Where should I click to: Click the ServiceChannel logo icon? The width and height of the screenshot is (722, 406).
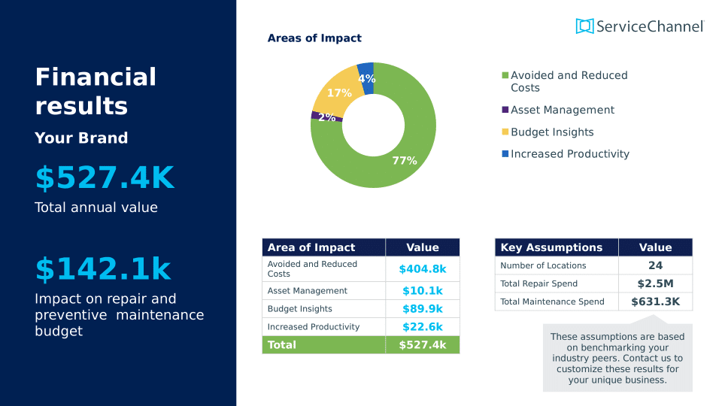[x=584, y=26]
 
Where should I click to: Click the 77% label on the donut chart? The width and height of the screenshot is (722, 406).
[x=404, y=160]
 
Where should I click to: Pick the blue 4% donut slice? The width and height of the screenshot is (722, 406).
[x=366, y=75]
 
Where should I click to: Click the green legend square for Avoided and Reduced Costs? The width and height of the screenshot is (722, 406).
[x=505, y=75]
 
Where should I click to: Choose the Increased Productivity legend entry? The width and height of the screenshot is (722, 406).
[x=569, y=154]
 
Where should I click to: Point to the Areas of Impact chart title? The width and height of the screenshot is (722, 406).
[x=314, y=38]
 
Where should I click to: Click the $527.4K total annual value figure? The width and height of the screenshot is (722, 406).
[x=105, y=178]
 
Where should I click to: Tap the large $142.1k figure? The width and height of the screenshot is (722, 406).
[x=103, y=270]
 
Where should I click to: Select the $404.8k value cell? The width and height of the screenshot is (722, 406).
[x=422, y=269]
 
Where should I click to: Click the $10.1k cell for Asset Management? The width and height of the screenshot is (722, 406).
[x=422, y=291]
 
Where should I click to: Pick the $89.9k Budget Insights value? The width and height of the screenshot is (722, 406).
[x=422, y=309]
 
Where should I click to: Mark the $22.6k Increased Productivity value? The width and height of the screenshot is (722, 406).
[x=422, y=327]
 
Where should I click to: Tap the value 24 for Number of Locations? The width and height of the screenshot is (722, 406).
[x=655, y=265]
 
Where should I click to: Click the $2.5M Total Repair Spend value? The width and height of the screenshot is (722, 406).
[x=655, y=283]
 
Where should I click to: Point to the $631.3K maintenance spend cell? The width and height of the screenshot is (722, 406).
[x=655, y=301]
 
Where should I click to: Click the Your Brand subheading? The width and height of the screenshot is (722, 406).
[x=81, y=138]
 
